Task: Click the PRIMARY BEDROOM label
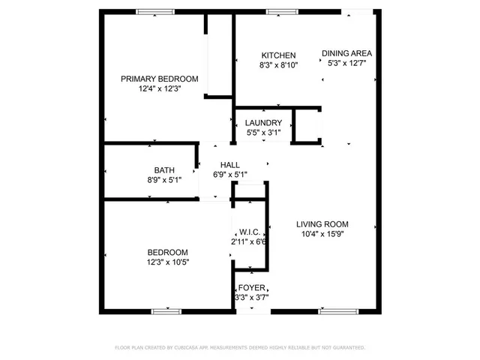(160, 79)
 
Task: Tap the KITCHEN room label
(278, 55)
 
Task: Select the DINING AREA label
(346, 53)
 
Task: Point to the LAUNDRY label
(263, 123)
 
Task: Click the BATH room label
(164, 170)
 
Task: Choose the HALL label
(229, 165)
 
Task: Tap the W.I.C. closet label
(249, 232)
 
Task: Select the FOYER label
(251, 288)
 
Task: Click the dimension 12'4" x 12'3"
(160, 88)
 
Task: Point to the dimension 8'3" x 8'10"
(278, 65)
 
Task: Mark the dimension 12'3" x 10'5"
(167, 262)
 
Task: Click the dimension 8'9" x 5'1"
(164, 180)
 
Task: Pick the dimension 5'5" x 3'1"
(263, 133)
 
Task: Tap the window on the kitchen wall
(280, 11)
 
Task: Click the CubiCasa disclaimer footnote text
(239, 348)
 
